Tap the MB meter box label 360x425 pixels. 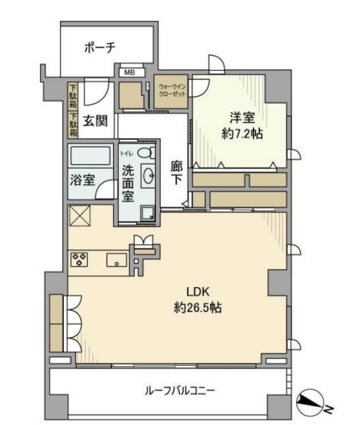coord(128,72)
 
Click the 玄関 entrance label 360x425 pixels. coord(95,121)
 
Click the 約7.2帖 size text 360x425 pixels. coord(239,134)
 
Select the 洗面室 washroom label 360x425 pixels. coord(128,183)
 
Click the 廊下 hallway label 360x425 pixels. coord(176,172)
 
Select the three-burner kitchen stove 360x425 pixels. coord(79,259)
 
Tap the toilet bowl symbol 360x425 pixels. coord(147,154)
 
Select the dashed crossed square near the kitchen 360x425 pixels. coord(79,216)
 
